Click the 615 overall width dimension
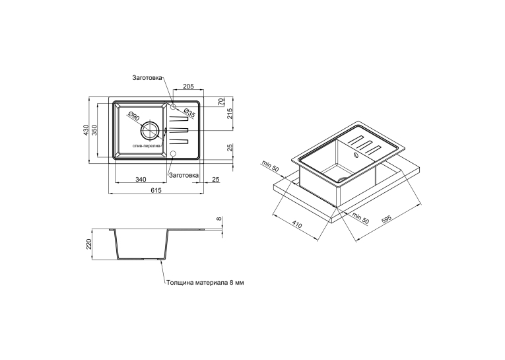(x=156, y=190)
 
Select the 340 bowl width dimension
(x=141, y=179)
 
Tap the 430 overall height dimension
(x=86, y=129)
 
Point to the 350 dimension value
(x=94, y=129)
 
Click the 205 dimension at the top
(x=188, y=86)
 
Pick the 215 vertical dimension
(x=230, y=114)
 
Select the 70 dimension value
(x=221, y=102)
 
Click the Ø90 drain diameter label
(x=133, y=116)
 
